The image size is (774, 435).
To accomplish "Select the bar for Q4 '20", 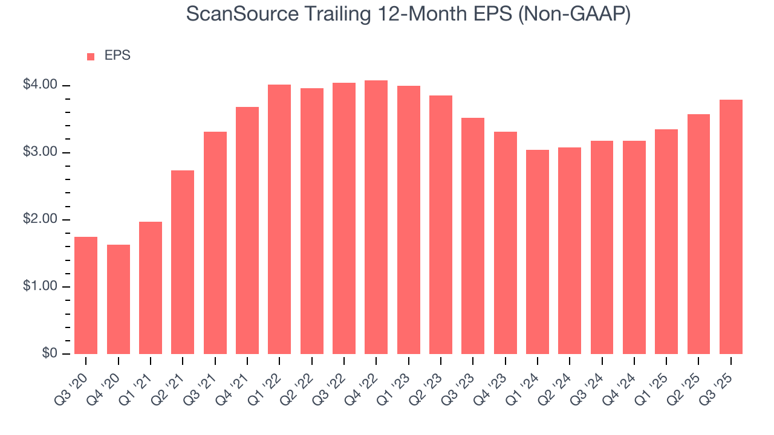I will [119, 299].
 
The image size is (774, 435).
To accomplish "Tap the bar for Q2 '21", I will [183, 262].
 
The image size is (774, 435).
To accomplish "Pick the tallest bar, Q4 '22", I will [376, 217].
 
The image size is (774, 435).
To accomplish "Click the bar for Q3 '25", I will [731, 227].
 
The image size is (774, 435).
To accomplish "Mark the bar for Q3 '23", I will [473, 236].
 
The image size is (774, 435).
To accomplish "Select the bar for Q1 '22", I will [279, 219].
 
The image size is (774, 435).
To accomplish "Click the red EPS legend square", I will [91, 56].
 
